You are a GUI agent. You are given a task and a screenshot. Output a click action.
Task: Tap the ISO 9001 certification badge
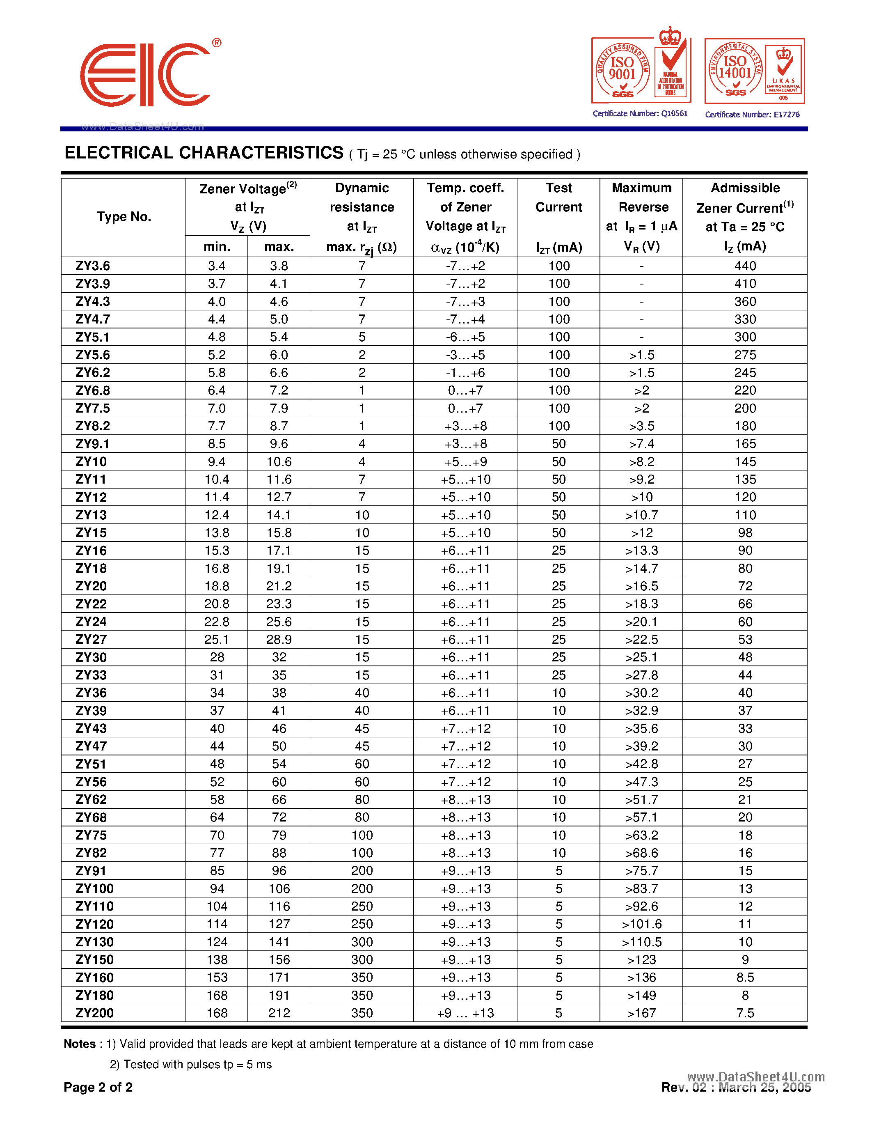pos(641,69)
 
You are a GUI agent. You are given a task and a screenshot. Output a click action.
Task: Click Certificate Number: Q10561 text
pos(640,114)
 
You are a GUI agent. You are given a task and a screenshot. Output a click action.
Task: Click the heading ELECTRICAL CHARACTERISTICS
pos(204,153)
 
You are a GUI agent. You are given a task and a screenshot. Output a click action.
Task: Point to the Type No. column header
pos(124,217)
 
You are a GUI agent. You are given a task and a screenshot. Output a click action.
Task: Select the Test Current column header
pos(558,197)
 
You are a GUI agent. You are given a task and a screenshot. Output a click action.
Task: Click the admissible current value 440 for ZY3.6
pos(745,266)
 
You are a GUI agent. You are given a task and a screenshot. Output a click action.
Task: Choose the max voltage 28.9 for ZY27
pos(279,640)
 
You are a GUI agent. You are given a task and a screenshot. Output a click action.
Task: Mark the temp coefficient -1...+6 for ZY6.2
pos(465,373)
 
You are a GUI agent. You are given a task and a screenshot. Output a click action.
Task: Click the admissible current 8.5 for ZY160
pos(745,978)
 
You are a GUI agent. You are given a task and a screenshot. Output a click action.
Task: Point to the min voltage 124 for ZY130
pos(217,942)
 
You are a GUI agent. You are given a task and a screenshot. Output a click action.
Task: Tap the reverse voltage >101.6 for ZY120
pos(642,924)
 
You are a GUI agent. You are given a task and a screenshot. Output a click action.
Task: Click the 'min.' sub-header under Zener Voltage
pos(217,247)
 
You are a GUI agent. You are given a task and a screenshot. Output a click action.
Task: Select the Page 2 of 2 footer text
pos(98,1087)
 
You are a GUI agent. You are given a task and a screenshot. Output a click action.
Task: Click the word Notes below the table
pos(80,1044)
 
